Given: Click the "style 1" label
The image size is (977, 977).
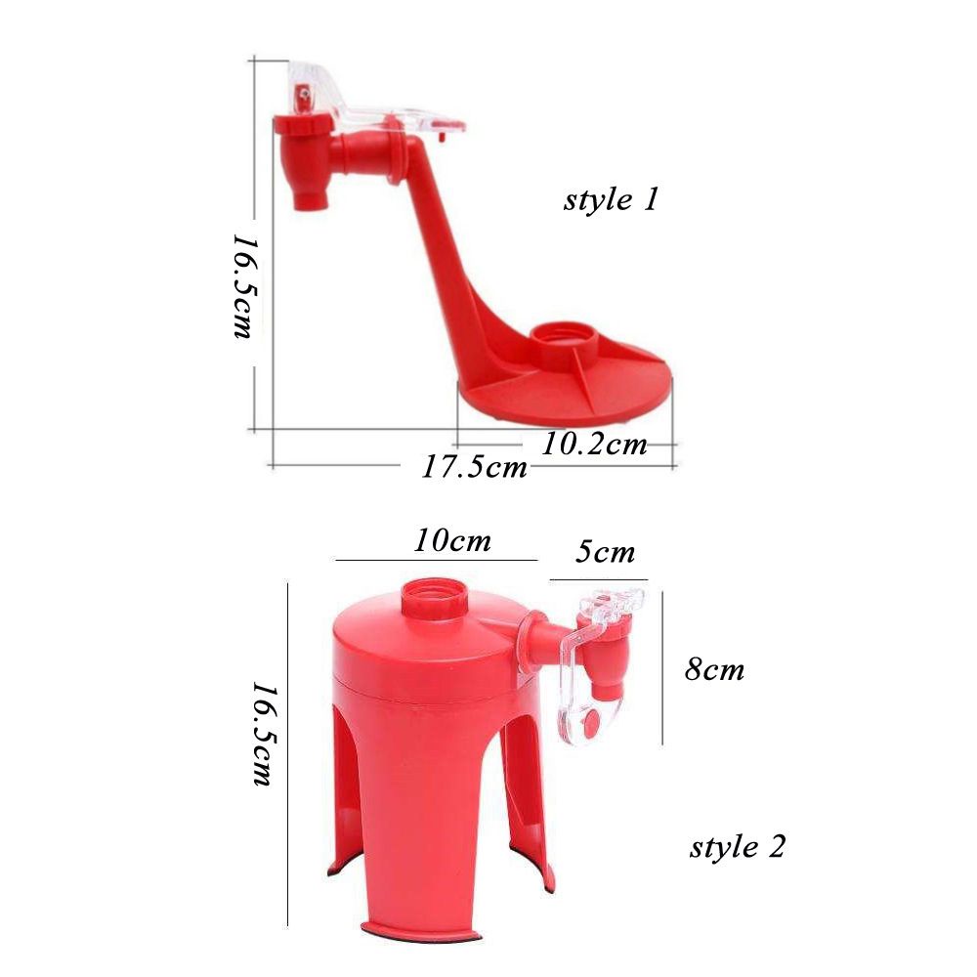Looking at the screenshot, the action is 611,200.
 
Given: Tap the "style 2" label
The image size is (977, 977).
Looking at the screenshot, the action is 737,847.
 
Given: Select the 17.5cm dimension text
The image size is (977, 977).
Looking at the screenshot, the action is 474,467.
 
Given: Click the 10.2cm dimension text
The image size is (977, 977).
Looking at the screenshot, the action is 594,445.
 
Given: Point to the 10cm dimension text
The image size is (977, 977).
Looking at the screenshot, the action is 452,541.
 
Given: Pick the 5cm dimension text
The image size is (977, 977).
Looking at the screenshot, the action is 605,552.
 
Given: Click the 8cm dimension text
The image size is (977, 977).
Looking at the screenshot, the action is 715,670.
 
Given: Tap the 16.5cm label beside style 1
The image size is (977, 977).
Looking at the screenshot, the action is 242,286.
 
